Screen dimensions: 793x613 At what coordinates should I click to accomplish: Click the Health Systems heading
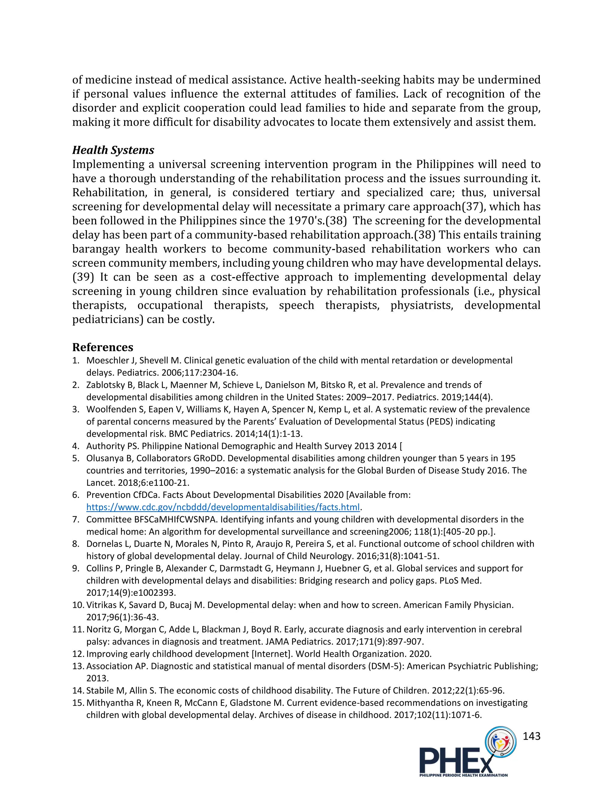click(113, 150)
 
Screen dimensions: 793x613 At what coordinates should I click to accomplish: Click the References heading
click(103, 347)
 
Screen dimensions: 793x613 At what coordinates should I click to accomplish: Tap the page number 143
click(531, 736)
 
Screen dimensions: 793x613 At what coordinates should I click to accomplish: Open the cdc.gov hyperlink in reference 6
click(223, 507)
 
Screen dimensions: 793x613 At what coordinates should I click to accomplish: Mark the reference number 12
click(78, 654)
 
